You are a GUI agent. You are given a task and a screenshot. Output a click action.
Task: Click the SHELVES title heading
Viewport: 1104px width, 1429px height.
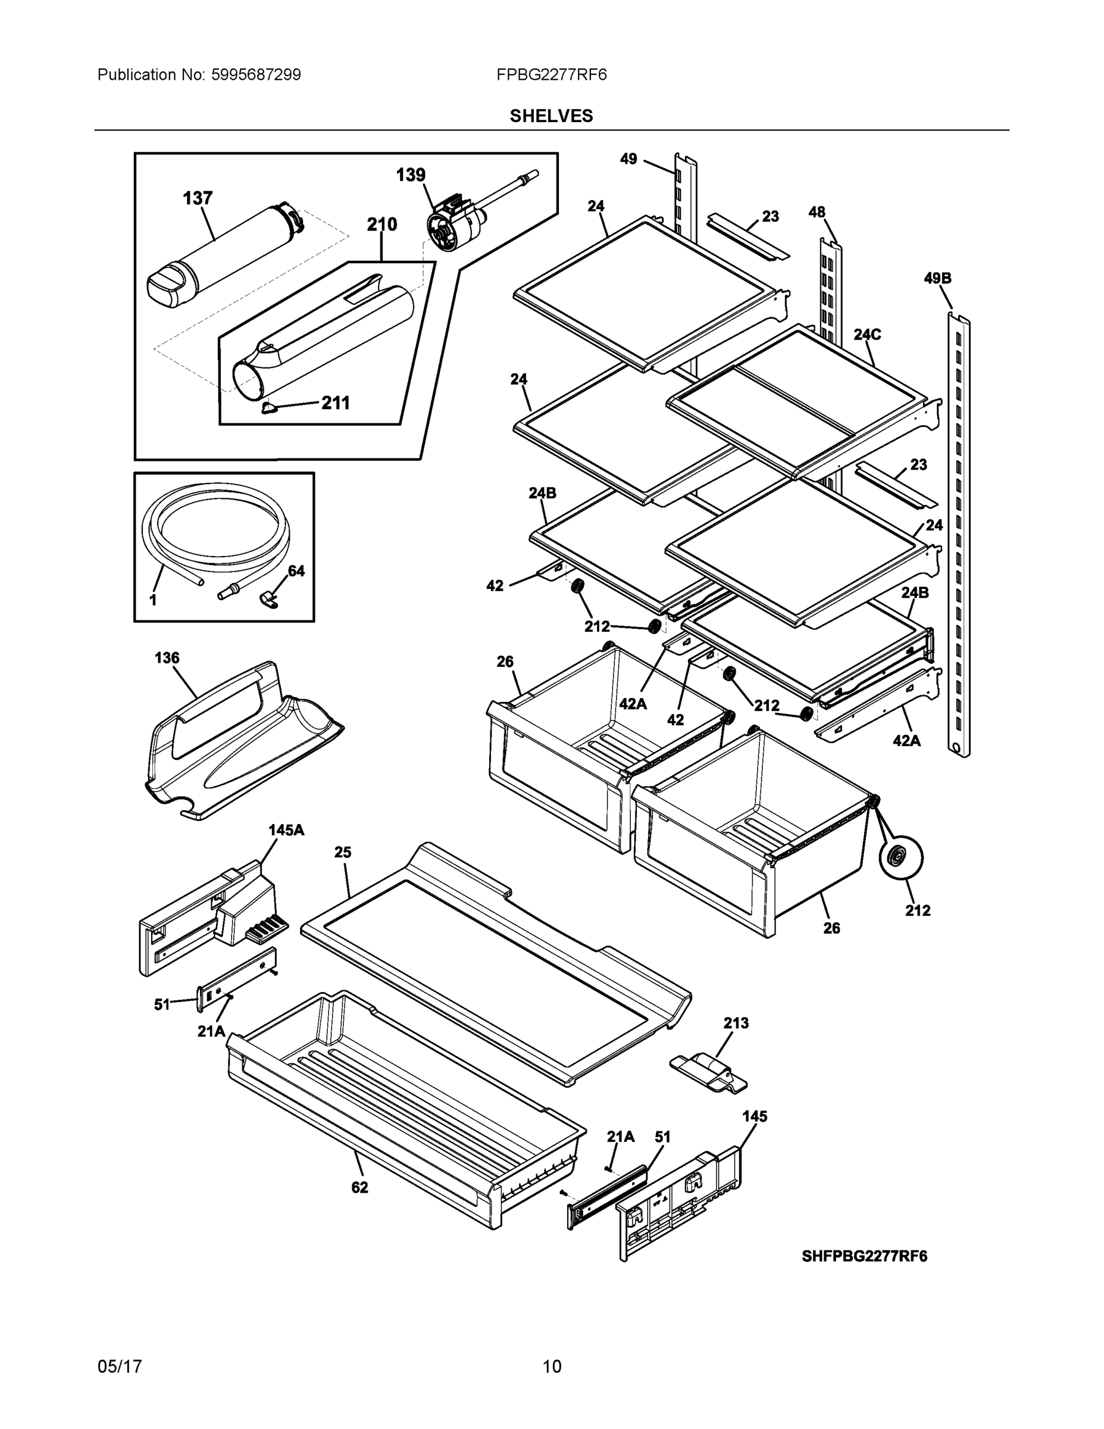point(551,116)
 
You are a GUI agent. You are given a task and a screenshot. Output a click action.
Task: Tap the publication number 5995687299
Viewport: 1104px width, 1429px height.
point(256,74)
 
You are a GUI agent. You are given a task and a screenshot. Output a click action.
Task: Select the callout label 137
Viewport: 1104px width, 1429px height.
point(197,198)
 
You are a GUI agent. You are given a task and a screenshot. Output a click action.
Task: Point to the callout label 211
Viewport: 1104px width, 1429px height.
point(336,403)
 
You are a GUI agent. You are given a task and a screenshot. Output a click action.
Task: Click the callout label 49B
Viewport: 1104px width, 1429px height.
point(937,278)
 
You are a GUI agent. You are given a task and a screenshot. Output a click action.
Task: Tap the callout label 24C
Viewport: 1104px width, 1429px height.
point(867,335)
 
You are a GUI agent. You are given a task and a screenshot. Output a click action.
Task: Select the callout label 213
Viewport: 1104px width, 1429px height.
point(736,1023)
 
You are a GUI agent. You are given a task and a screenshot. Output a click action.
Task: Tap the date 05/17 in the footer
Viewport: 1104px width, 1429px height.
point(120,1367)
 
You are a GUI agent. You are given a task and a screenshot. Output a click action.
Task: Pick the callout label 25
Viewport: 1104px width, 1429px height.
point(343,852)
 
